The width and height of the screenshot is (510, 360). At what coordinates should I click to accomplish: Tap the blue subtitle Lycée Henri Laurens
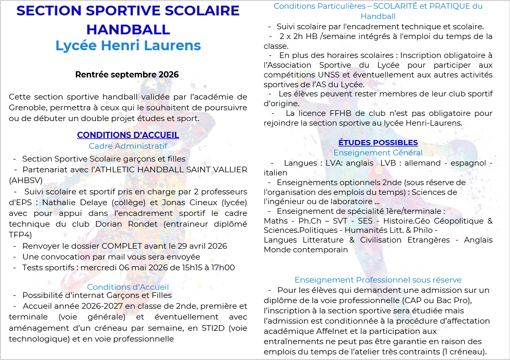click(x=128, y=46)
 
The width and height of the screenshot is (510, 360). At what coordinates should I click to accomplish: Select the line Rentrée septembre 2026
click(x=127, y=75)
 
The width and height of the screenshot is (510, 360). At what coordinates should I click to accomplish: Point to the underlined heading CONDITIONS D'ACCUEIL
click(x=128, y=135)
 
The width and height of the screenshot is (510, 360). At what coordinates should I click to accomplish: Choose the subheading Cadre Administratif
click(x=128, y=146)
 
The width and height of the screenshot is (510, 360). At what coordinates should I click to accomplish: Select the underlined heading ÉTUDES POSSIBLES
click(x=378, y=143)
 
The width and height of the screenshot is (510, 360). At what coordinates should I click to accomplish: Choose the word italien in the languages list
click(x=275, y=173)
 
